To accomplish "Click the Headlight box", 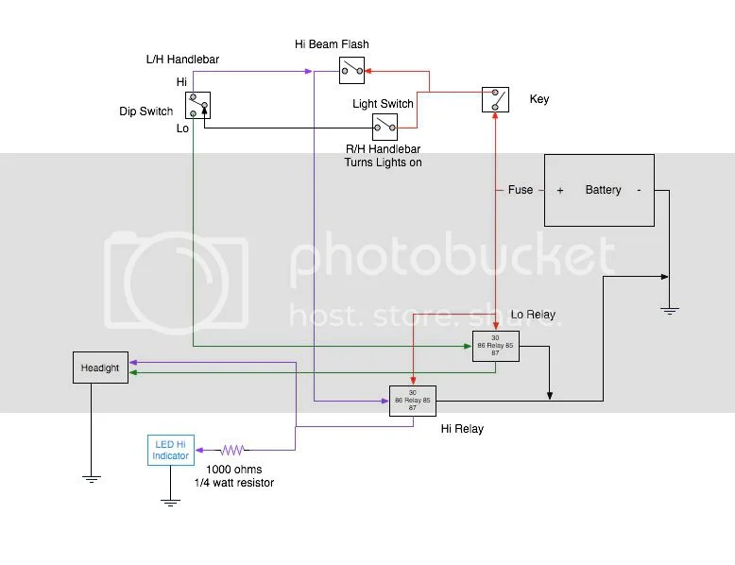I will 100,368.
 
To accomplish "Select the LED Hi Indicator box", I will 170,450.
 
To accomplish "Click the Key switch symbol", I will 495,99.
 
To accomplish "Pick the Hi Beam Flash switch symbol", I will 351,68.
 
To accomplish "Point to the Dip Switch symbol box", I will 198,105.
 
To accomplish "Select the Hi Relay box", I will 412,401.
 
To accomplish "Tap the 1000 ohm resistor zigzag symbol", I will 232,450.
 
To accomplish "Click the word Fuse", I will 521,190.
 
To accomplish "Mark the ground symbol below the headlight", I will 91,478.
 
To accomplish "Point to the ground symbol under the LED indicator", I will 170,501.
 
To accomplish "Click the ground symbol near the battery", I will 669,310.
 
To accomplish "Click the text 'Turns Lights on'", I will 383,163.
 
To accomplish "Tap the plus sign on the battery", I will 560,190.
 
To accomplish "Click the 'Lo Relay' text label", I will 533,315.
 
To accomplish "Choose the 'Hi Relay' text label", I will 462,429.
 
